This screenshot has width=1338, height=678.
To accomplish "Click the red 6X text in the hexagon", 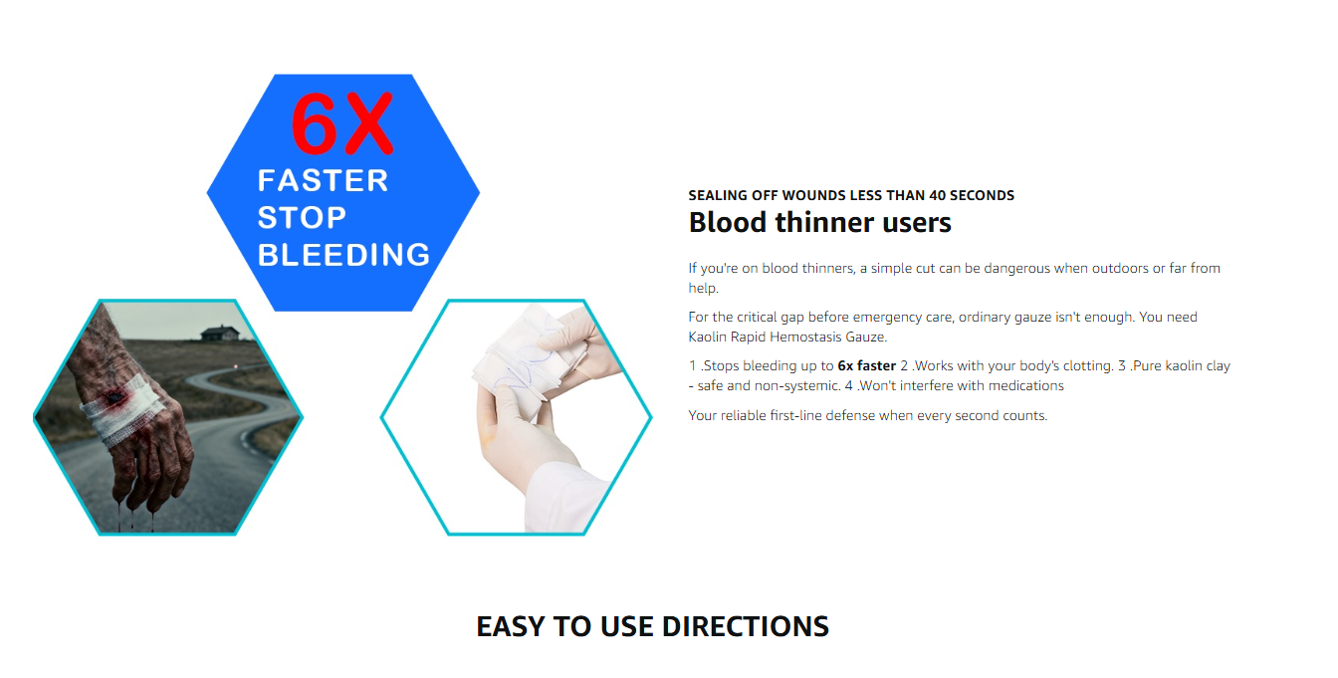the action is (x=341, y=123).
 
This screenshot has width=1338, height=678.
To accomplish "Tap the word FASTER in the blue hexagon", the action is (x=324, y=181).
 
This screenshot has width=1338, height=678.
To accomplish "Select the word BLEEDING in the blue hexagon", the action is (x=343, y=255).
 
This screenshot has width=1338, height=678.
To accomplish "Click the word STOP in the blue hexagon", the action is (x=302, y=218).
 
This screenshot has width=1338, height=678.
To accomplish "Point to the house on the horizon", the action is (x=220, y=333).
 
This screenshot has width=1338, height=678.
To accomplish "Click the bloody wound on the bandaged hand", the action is (x=113, y=397).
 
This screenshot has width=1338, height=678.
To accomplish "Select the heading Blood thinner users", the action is (x=819, y=223).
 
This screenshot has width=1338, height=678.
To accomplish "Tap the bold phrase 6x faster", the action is (x=867, y=365).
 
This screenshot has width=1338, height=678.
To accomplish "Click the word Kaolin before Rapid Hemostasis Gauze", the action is (x=707, y=337).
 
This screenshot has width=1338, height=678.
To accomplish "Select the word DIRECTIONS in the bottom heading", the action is (x=746, y=626).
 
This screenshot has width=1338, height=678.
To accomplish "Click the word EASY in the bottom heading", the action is (x=511, y=626).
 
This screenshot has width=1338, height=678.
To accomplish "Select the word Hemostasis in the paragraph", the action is (x=805, y=337).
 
